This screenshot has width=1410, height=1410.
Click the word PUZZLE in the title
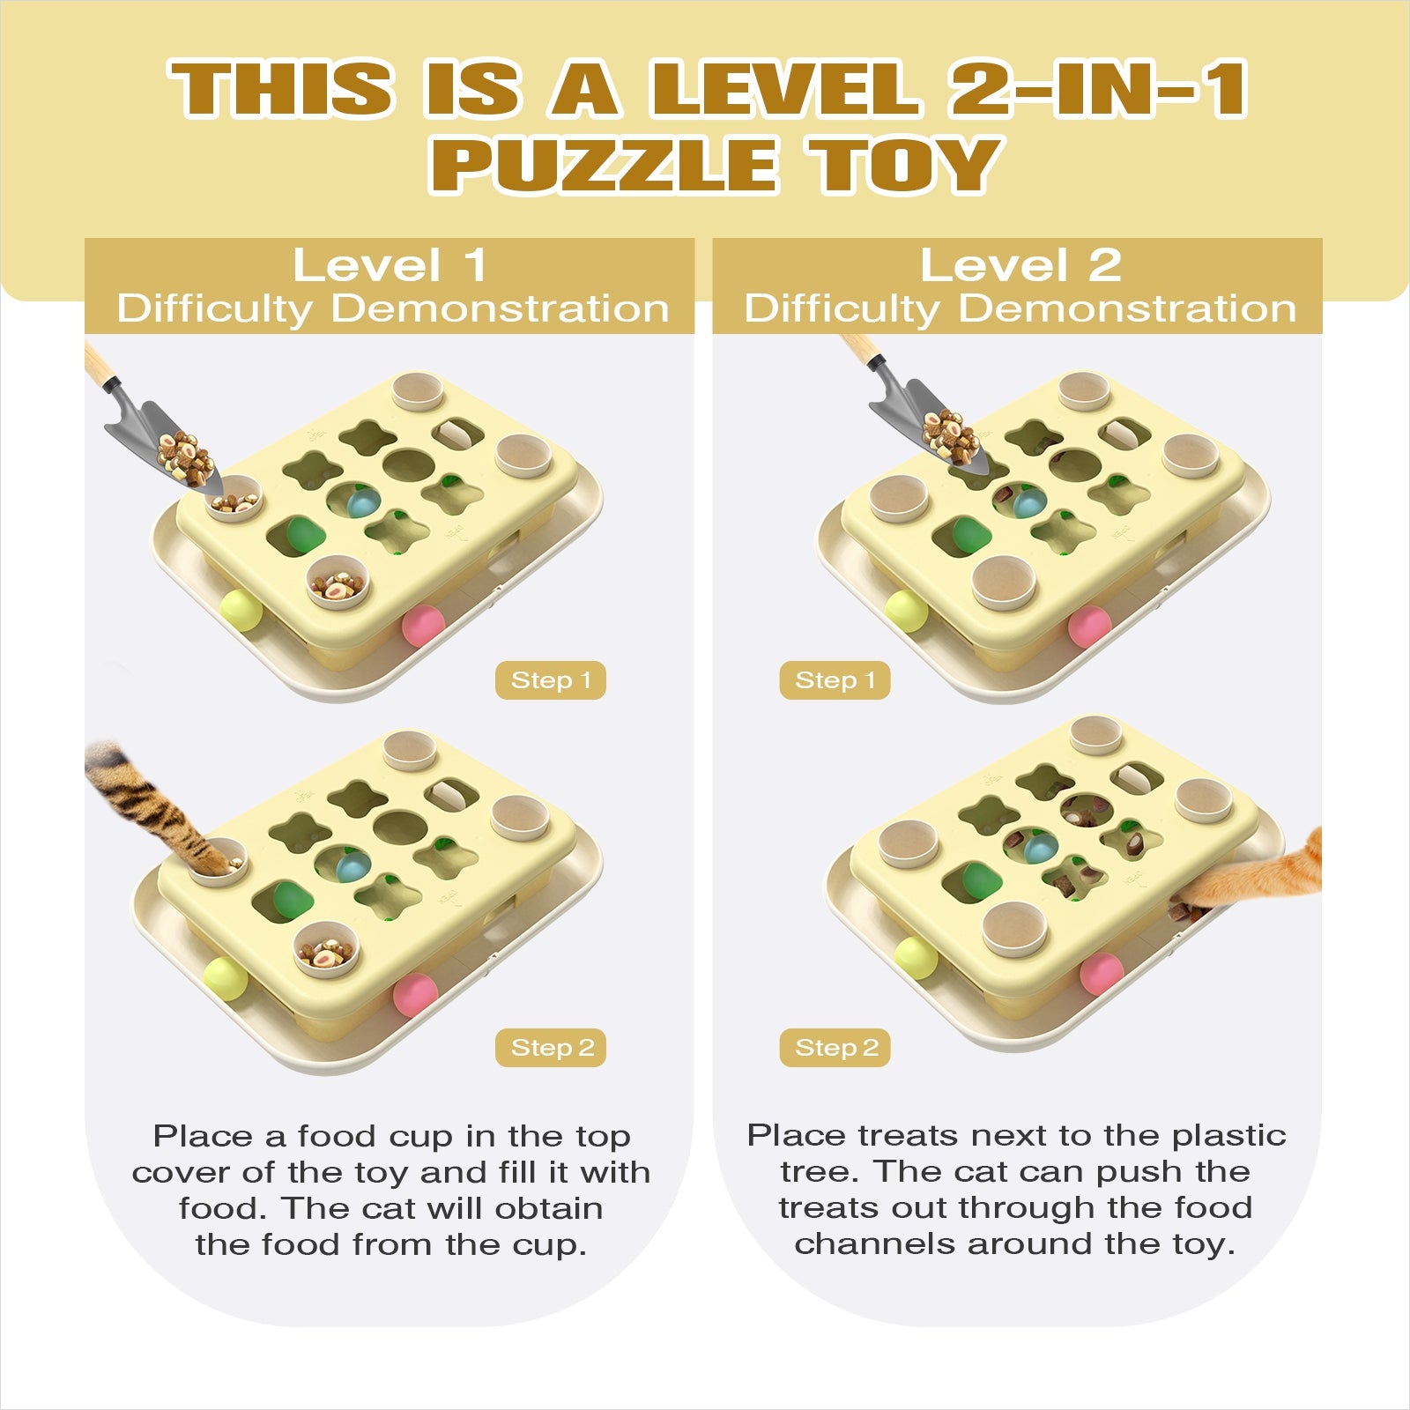[x=604, y=165]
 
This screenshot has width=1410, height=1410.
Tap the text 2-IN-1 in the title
[x=1098, y=88]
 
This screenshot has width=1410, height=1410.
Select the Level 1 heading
[x=390, y=265]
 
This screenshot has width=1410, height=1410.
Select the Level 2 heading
[x=1020, y=265]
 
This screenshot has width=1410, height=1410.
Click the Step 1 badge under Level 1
[x=551, y=680]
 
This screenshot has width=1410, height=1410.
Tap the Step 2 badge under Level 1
[x=551, y=1048]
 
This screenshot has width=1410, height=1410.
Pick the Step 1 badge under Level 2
[x=835, y=680]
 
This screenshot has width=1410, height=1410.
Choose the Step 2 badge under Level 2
[x=835, y=1048]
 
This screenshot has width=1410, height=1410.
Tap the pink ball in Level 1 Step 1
[x=424, y=625]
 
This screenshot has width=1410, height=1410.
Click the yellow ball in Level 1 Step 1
[x=240, y=610]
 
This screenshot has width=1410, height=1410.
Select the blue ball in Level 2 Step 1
[x=1028, y=503]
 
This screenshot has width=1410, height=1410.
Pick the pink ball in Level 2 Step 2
[x=1102, y=973]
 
